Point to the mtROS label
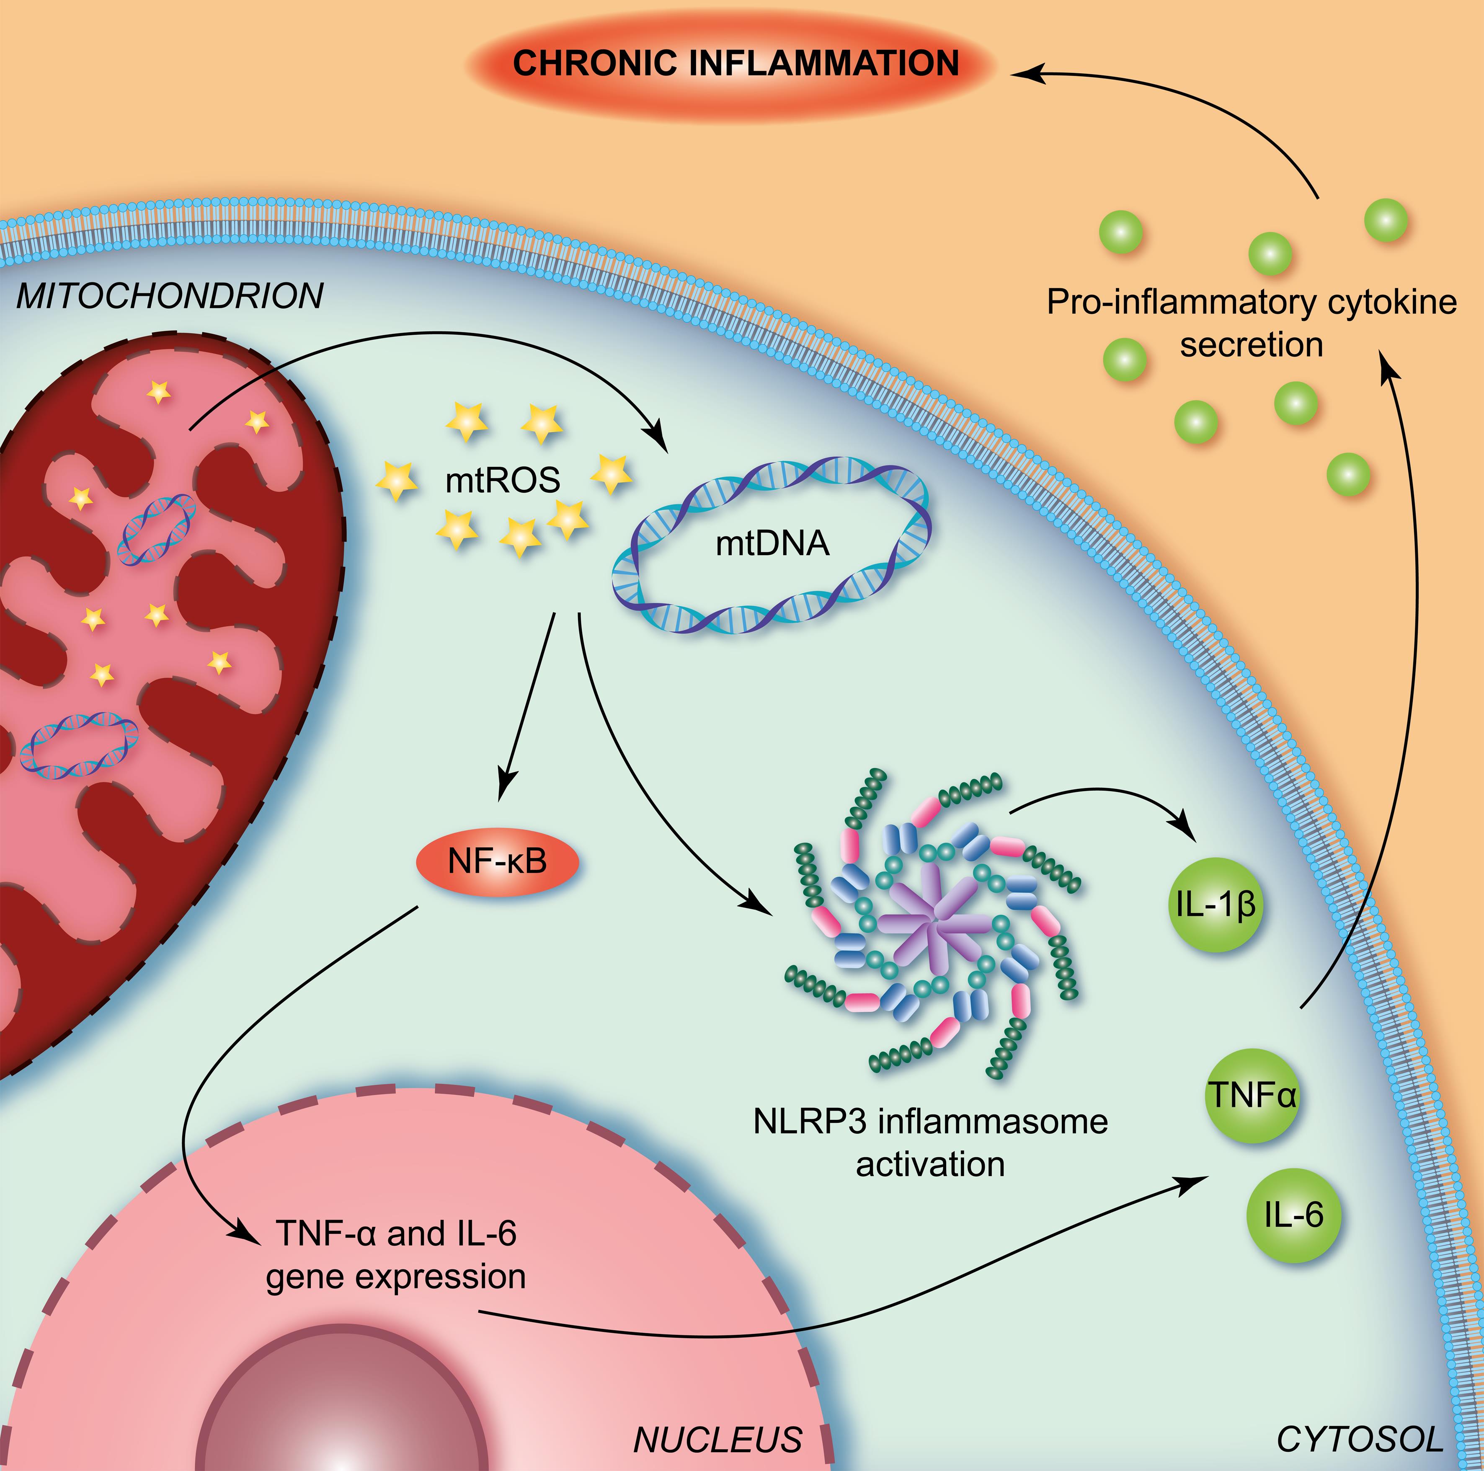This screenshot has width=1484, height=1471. coord(503,481)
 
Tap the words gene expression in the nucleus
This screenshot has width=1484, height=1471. coord(395,1277)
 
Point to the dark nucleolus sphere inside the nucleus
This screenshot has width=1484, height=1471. coord(346,1413)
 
